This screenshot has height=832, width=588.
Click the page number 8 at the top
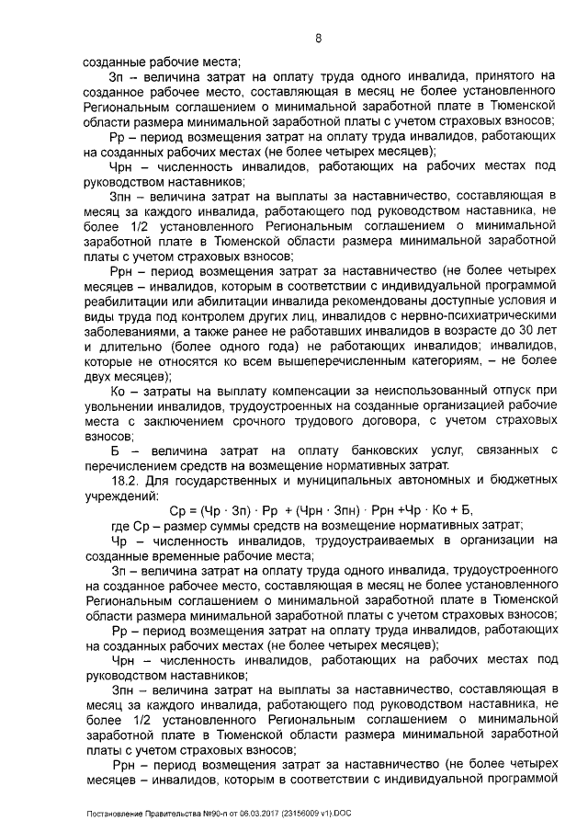pyautogui.click(x=318, y=39)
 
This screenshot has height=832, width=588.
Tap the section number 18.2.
pyautogui.click(x=126, y=479)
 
